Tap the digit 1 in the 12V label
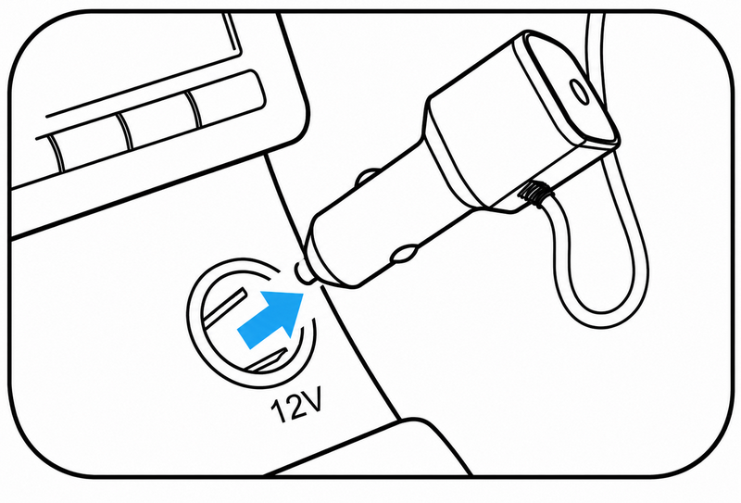pos(279,409)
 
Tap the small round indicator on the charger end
pos(579,91)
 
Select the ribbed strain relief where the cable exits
pos(533,194)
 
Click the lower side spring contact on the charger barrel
pos(403,254)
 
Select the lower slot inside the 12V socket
pos(268,360)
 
